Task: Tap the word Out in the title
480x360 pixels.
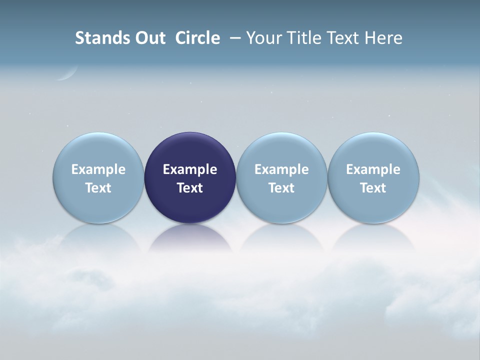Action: pos(149,38)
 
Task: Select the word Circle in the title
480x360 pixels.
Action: pos(197,38)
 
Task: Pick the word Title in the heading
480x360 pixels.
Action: pos(301,38)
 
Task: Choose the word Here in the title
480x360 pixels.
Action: pos(382,38)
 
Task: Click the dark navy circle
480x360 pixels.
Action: pos(190,150)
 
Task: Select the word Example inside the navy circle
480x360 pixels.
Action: pos(190,169)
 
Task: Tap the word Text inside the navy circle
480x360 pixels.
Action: pos(190,188)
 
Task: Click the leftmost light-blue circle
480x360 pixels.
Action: pos(98,150)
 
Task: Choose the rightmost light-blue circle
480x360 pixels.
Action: pos(373,150)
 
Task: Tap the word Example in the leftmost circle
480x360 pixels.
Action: pos(98,169)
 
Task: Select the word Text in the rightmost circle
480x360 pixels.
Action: pos(373,188)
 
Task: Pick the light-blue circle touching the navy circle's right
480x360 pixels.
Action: pos(281,150)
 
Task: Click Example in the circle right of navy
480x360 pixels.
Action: pos(281,169)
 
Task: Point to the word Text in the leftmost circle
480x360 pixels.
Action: pos(98,188)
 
